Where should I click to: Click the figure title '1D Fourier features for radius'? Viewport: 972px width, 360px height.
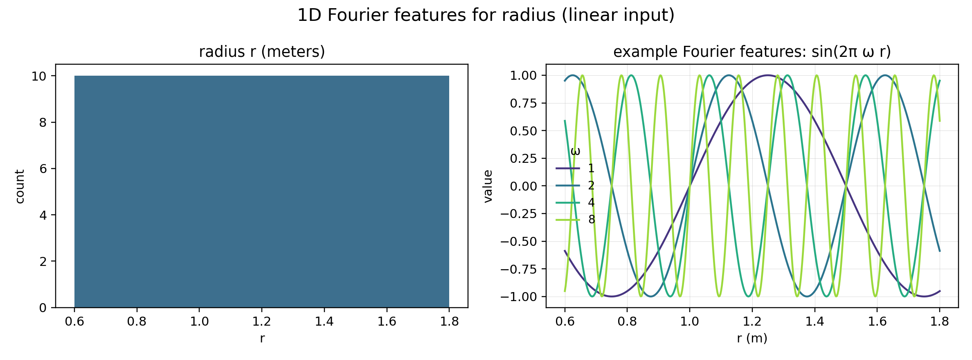tap(486, 16)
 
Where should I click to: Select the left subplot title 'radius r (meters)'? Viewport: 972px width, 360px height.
tap(262, 52)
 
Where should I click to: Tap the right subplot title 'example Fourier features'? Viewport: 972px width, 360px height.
tap(752, 52)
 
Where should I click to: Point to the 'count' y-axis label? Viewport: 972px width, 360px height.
tap(20, 186)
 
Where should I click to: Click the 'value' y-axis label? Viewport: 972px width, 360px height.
tap(488, 186)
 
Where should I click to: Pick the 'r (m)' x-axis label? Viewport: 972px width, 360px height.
tap(752, 338)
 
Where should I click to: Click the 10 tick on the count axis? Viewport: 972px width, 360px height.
tap(39, 76)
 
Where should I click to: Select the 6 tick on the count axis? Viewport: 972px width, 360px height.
tap(43, 169)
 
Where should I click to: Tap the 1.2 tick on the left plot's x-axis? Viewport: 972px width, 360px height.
tap(262, 322)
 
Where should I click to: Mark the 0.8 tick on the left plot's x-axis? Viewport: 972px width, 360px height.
tap(137, 322)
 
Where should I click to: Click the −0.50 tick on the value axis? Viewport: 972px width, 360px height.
tap(518, 241)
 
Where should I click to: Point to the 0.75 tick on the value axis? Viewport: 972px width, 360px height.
tap(523, 103)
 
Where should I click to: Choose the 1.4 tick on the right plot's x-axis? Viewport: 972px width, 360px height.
tap(814, 322)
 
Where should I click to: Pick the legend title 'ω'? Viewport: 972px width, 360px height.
tap(575, 152)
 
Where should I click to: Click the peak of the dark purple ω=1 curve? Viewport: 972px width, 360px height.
tap(767, 75)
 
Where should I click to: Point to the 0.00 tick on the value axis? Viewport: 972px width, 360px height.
tap(523, 186)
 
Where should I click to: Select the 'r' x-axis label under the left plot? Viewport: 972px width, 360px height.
tap(262, 338)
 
